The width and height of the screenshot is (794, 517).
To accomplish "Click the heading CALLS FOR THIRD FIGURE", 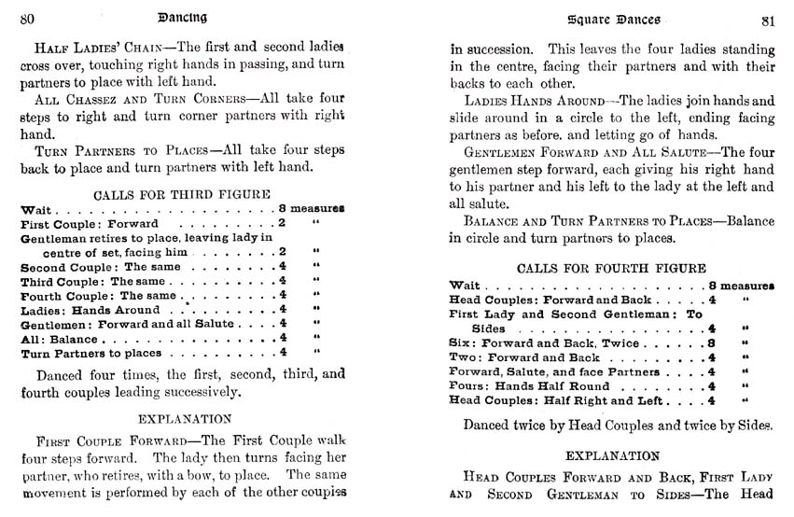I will click(182, 194).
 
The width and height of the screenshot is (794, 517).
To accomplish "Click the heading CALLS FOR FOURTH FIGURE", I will click(611, 268).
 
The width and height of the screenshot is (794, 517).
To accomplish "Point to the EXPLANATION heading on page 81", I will click(611, 455).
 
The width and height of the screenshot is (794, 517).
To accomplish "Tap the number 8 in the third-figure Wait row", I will click(281, 209).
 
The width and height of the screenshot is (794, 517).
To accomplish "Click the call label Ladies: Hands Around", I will click(91, 310).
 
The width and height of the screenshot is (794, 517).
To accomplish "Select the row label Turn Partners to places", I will click(94, 354).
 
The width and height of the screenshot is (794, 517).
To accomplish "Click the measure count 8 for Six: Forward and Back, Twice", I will click(712, 343).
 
